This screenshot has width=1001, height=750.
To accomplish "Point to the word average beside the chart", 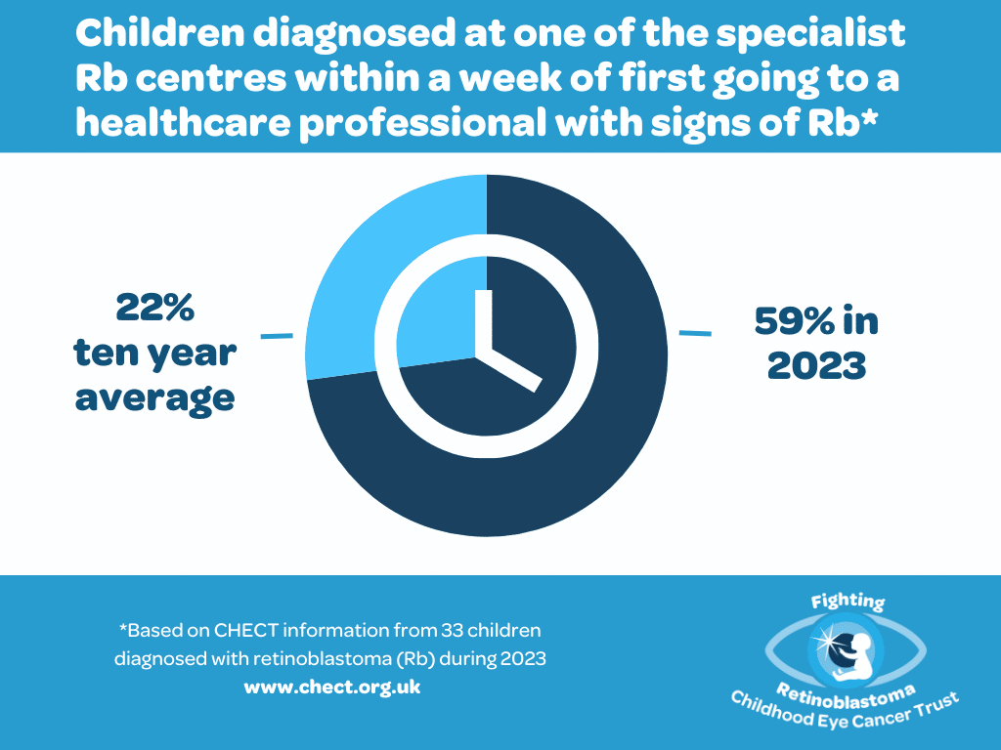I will pyautogui.click(x=155, y=397).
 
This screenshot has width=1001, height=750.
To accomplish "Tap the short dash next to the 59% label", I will pyautogui.click(x=695, y=333).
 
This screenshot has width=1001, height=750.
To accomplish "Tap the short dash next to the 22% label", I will pyautogui.click(x=277, y=336).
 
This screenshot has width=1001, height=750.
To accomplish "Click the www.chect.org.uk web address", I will pyautogui.click(x=331, y=687).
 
